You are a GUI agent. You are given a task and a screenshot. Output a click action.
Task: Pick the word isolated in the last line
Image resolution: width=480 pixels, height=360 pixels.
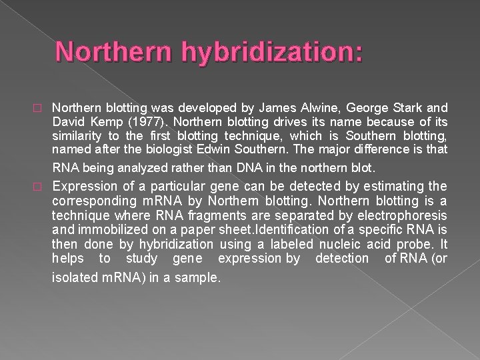click(x=73, y=277)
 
